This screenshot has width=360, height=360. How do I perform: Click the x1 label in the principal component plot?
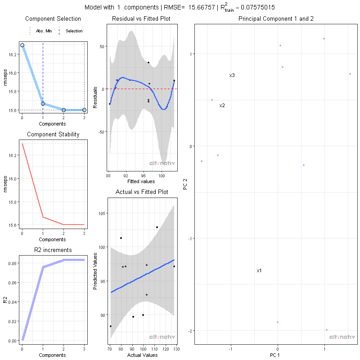pos(259,271)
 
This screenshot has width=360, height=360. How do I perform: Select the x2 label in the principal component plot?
pos(222,106)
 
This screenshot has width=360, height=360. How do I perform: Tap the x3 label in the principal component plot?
pos(232,76)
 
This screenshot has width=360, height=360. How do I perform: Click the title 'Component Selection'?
pos(53,19)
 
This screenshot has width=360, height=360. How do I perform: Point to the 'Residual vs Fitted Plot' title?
pos(140,19)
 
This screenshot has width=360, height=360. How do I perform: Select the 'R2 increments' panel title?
pos(53,250)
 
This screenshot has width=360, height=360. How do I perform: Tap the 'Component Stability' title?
pos(53,135)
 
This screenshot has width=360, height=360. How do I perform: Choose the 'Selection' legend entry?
pos(74,31)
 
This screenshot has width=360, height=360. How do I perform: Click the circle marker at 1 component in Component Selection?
pos(43,103)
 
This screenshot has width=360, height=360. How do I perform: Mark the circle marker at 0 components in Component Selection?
pos(22,45)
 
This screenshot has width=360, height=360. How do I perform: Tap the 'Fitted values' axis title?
pos(140,182)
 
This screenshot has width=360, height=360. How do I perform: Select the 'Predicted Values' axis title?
pos(95,270)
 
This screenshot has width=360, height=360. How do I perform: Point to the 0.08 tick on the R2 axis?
pos(13,264)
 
